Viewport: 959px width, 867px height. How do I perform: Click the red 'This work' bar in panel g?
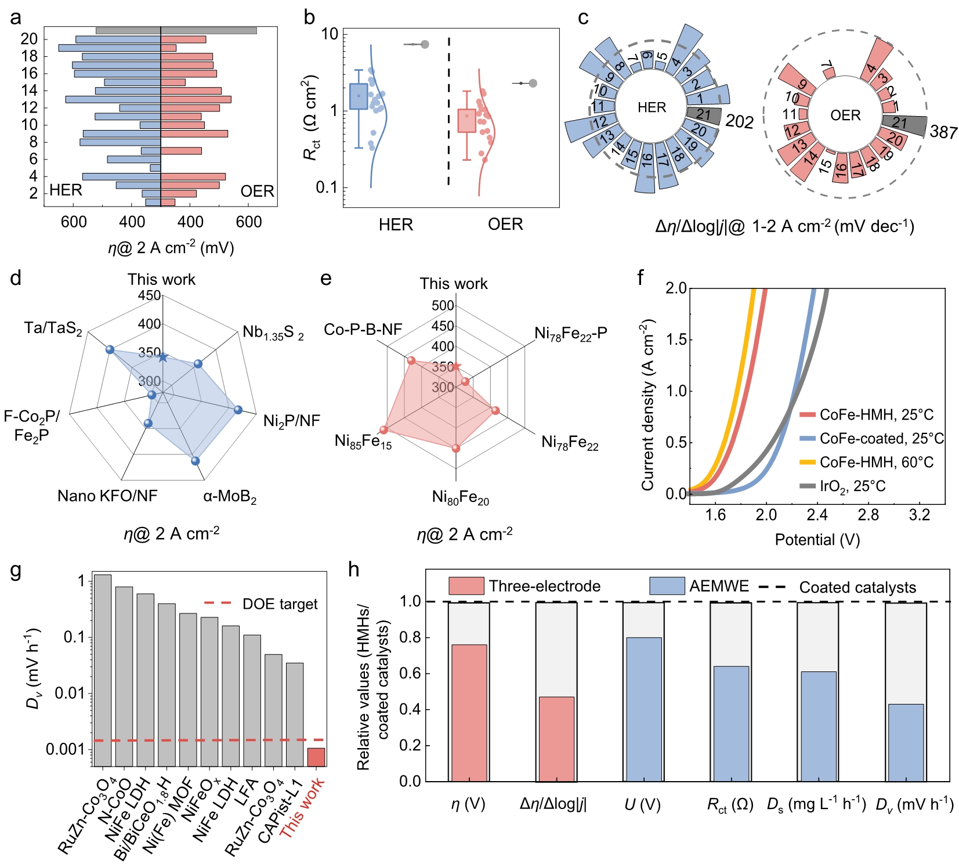(x=316, y=757)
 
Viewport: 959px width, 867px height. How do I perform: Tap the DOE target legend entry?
(x=261, y=604)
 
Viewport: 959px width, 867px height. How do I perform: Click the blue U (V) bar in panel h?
(x=643, y=709)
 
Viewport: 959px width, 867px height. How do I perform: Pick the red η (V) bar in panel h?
(x=469, y=713)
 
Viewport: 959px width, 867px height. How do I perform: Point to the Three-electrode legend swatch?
(x=466, y=586)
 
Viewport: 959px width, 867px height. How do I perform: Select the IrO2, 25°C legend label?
(x=852, y=486)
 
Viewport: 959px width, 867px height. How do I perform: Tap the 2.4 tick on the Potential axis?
(x=817, y=515)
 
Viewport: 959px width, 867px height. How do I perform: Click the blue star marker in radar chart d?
(x=163, y=357)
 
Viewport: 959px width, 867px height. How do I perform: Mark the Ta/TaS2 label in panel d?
(x=53, y=328)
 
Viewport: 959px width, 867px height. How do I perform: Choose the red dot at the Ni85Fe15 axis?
(x=383, y=430)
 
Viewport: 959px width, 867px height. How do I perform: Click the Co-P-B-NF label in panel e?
(x=363, y=330)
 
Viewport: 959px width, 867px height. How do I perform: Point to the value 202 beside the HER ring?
(x=739, y=121)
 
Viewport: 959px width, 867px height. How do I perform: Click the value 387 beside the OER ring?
(x=943, y=132)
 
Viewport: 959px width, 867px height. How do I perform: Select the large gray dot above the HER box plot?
(x=425, y=45)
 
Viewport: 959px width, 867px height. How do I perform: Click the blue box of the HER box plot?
(x=359, y=96)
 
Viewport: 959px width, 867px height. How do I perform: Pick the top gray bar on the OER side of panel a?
(x=208, y=30)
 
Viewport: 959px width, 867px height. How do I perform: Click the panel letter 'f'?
(x=640, y=279)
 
